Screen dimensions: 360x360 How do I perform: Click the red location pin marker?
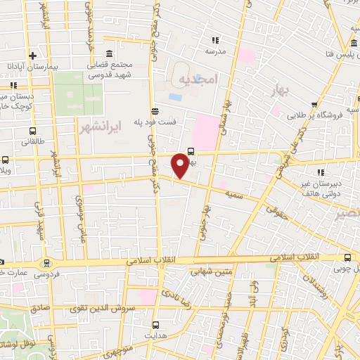[181, 165]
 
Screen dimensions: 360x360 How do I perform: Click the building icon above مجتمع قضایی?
[108, 54]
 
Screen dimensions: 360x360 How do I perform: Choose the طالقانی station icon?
[33, 131]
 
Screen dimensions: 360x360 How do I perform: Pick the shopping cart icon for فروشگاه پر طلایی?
[324, 102]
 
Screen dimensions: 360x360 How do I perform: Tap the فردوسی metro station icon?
[47, 264]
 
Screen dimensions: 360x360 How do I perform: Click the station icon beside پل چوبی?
[347, 259]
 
